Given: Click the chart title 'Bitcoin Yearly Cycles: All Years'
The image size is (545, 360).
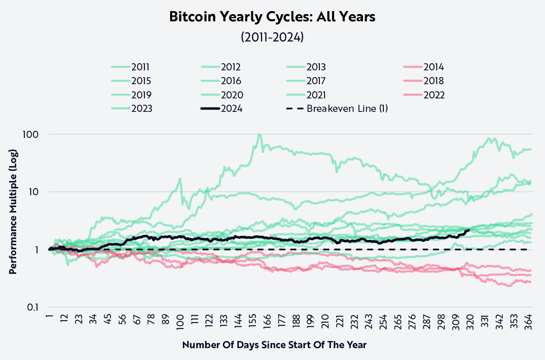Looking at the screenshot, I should (272, 17).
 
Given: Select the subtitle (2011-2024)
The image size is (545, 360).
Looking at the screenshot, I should (272, 37).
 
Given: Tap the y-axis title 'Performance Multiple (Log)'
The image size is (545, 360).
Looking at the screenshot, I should (13, 211).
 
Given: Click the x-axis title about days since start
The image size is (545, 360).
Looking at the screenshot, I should (274, 345).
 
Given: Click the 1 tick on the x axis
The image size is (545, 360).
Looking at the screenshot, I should (49, 317).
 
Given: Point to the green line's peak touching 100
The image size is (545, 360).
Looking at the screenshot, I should (259, 135).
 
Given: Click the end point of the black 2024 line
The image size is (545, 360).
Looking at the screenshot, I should (469, 230).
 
